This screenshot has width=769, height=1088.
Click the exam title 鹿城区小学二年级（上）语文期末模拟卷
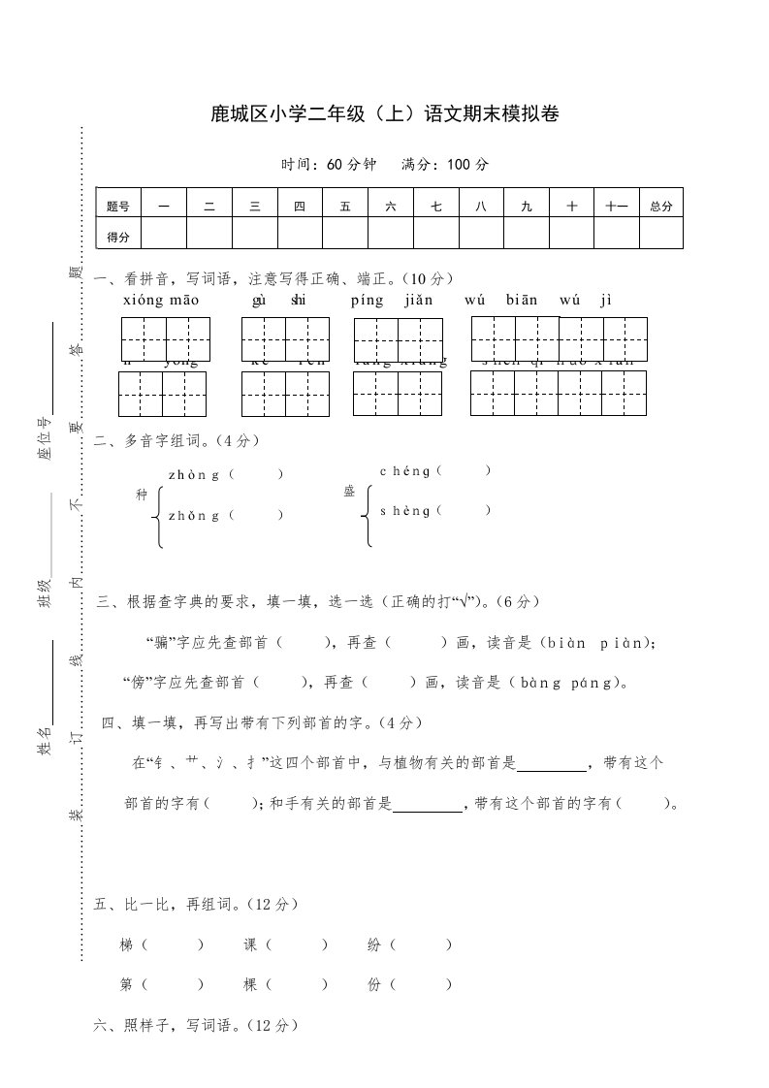(385, 115)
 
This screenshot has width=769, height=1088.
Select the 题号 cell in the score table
(118, 206)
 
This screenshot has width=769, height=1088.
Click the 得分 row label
(118, 235)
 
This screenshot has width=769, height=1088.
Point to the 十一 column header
(617, 206)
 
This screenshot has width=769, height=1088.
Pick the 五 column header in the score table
(345, 206)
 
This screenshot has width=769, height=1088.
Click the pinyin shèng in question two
(405, 510)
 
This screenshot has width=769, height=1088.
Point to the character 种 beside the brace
(143, 496)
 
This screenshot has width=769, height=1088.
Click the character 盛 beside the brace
(349, 492)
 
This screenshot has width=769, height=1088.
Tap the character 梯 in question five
(126, 944)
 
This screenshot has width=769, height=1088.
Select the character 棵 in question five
(250, 984)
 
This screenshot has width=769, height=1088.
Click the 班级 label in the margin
(44, 592)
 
